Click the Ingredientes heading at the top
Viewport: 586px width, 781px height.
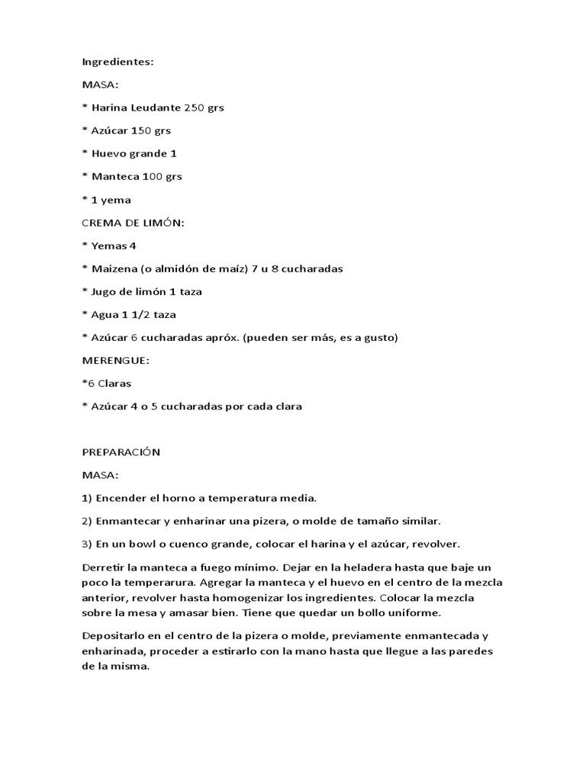[x=118, y=62]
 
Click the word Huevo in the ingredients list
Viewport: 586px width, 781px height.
[x=108, y=153]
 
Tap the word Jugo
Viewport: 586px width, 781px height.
[x=105, y=291]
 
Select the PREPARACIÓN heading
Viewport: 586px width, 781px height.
[x=121, y=452]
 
